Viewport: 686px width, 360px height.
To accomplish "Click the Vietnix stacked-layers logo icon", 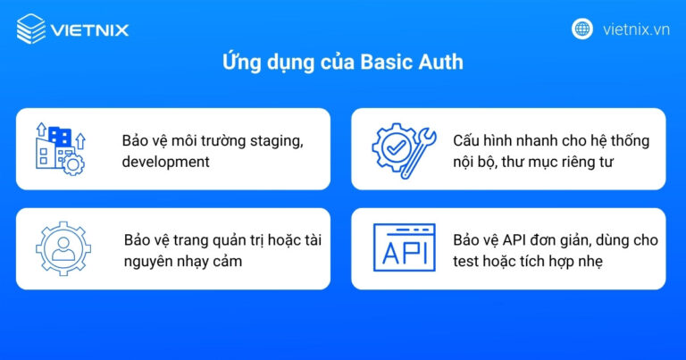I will pyautogui.click(x=31, y=29).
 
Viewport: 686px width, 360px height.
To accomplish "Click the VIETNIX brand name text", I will pyautogui.click(x=89, y=30).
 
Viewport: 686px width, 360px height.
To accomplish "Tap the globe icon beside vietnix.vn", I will pyautogui.click(x=582, y=29).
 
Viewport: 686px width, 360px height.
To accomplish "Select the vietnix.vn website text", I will pyautogui.click(x=635, y=29).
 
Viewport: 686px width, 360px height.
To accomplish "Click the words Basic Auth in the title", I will pyautogui.click(x=412, y=64).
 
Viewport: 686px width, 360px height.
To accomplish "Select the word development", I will pyautogui.click(x=165, y=162).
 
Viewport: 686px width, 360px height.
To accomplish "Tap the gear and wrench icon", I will pyautogui.click(x=403, y=148).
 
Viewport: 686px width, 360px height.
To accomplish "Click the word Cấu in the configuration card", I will pyautogui.click(x=467, y=141).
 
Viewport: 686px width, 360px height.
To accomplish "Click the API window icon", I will pyautogui.click(x=404, y=248).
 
